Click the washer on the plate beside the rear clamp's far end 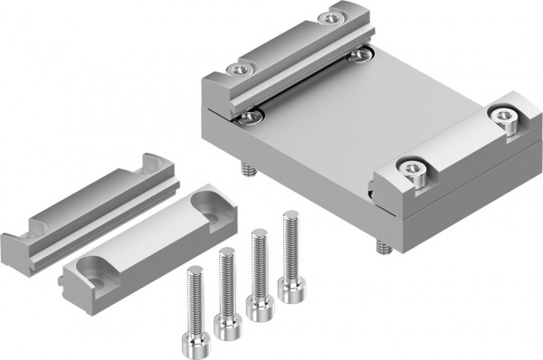point(362,55)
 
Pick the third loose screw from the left point(259,271)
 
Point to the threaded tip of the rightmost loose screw point(291,217)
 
